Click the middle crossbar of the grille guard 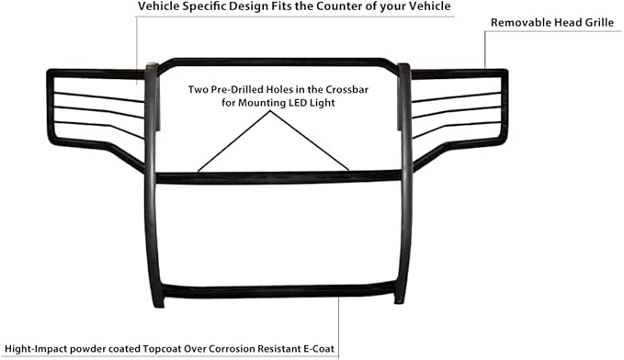[x=276, y=175]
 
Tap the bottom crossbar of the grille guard [x=276, y=291]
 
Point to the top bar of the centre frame [x=276, y=61]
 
